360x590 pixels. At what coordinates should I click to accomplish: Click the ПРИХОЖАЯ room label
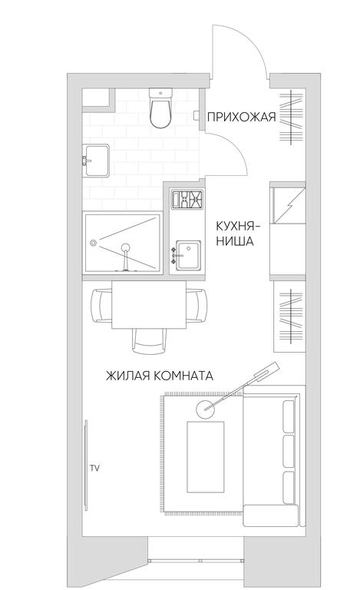tap(241, 118)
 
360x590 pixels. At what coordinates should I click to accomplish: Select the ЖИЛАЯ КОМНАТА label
tap(160, 376)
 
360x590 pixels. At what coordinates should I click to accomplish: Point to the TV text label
tap(94, 469)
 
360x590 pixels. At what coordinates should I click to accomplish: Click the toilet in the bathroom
tap(160, 108)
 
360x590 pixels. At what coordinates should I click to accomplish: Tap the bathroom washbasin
tap(96, 161)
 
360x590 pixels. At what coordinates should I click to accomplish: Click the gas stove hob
tap(187, 200)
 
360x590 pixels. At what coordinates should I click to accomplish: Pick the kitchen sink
tap(189, 255)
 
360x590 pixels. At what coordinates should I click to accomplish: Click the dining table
tap(149, 305)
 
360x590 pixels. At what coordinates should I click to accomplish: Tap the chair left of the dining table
tap(101, 305)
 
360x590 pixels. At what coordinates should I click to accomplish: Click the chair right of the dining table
tap(197, 305)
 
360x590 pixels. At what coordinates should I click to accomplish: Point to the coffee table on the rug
tap(205, 456)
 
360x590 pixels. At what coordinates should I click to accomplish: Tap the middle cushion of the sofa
tap(288, 451)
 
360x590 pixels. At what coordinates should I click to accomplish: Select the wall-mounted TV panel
tap(86, 465)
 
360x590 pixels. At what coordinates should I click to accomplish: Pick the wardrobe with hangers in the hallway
tap(291, 118)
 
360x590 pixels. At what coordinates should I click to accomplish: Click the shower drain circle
tap(93, 243)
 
